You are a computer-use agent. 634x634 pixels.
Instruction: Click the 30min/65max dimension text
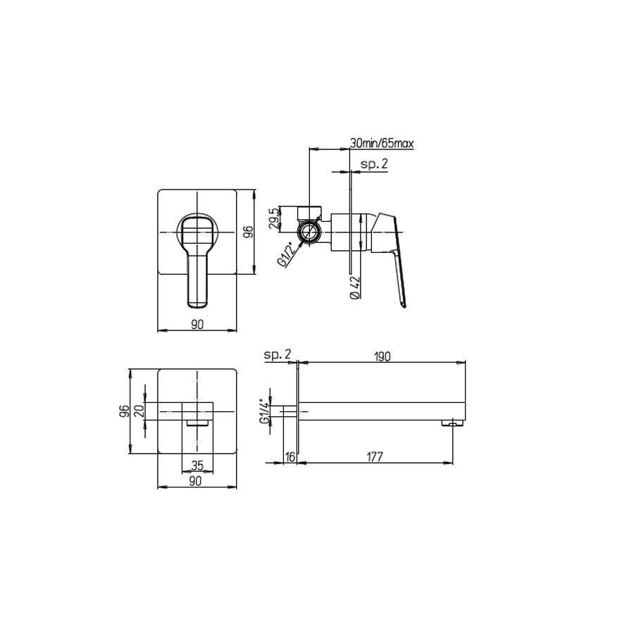[382, 144]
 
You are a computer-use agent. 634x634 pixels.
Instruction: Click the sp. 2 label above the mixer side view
[374, 164]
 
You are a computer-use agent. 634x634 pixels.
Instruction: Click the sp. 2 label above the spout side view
[278, 356]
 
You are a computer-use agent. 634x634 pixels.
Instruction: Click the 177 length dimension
[374, 456]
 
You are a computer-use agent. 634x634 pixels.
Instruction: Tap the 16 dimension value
[290, 456]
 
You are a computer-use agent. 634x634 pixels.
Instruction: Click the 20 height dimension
[139, 410]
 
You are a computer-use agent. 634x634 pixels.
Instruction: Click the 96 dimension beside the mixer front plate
[247, 231]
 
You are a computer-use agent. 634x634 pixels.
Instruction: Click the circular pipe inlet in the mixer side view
[309, 233]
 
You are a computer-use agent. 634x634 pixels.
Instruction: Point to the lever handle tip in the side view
[403, 304]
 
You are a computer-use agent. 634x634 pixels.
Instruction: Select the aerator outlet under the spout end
[451, 423]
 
